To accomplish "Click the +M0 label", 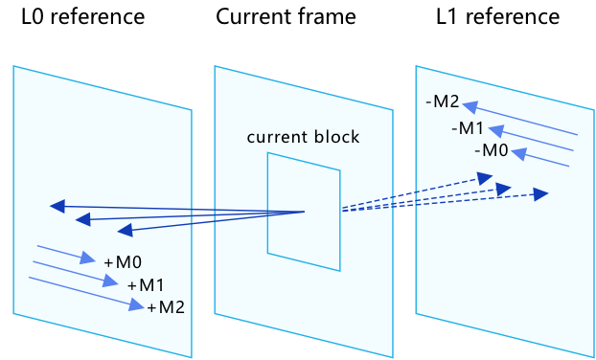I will [x=123, y=262].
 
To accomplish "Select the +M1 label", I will [x=146, y=284].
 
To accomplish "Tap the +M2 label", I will [x=166, y=306].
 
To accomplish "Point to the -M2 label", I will [x=443, y=102].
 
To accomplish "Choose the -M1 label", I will [x=468, y=128].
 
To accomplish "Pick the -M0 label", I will [x=491, y=150].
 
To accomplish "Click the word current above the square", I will [x=275, y=137].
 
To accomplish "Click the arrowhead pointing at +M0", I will [x=89, y=259].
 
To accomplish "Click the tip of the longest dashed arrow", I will [x=547, y=194].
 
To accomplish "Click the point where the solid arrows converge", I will [x=304, y=212].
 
